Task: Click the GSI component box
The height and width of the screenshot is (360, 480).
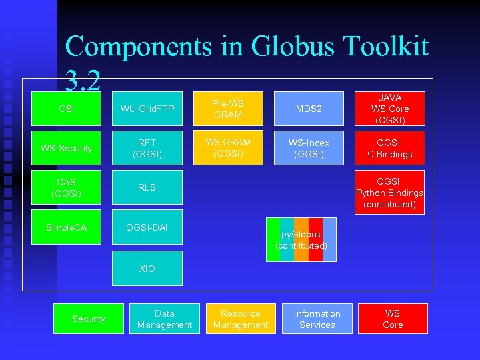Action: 66,109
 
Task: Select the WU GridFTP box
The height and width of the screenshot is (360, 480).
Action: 147,109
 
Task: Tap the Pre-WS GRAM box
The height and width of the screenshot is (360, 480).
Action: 227,109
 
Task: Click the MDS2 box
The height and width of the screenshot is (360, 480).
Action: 309,109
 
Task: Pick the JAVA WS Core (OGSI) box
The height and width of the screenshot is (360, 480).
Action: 390,109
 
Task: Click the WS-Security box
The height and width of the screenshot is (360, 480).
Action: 66,148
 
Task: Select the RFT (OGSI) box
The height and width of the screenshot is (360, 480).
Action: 147,148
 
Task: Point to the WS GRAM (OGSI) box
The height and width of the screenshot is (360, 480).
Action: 227,148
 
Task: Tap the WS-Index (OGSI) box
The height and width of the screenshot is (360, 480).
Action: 309,148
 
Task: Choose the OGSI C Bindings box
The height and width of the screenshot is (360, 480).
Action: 390,148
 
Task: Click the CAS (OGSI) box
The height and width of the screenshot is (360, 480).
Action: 66,187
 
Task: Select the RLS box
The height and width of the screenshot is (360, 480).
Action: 147,187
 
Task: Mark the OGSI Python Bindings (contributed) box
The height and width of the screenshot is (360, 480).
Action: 390,193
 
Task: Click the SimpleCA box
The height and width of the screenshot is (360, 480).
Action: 66,228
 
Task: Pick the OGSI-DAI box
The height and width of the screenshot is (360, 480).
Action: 147,228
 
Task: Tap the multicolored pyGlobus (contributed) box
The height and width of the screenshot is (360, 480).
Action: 301,240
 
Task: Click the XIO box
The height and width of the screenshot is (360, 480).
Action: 147,269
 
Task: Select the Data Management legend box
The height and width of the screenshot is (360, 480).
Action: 164,319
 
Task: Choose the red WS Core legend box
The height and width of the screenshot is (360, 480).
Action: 393,319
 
